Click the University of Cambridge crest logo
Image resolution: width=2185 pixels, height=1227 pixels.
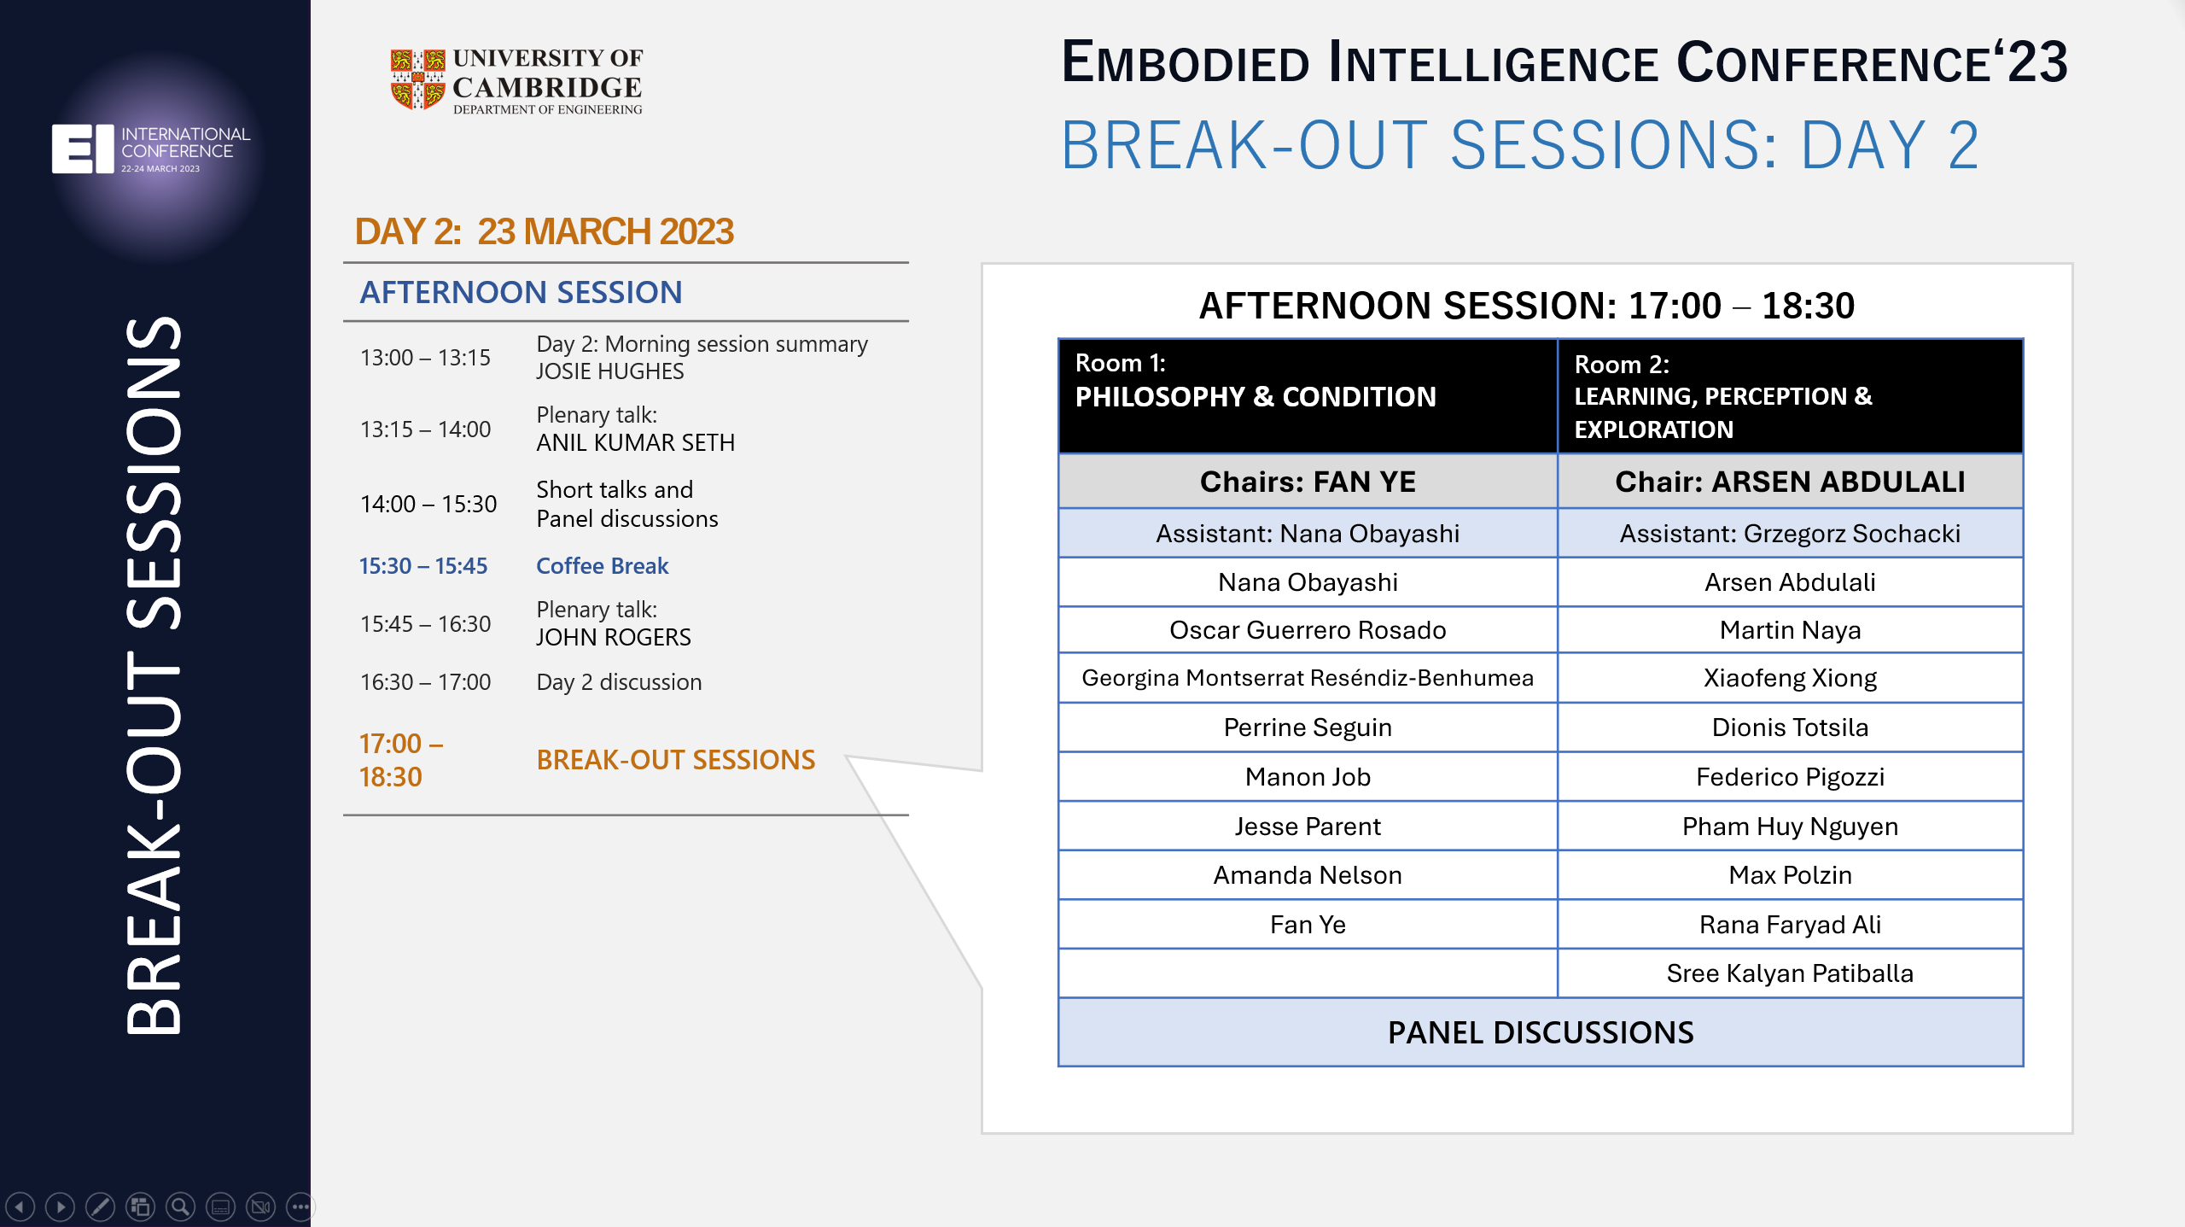click(x=417, y=79)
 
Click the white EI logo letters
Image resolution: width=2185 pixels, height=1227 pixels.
click(x=82, y=149)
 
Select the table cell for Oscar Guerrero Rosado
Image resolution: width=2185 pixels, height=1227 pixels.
click(x=1307, y=630)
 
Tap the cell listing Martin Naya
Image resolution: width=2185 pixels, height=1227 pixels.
click(x=1790, y=630)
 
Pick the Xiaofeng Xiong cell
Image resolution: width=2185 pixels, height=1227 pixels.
click(x=1790, y=678)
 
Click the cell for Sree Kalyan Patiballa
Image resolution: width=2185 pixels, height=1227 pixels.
click(x=1790, y=973)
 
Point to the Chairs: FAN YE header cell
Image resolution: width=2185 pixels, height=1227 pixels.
click(x=1307, y=482)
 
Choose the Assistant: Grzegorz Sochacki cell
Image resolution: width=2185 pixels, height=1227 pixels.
click(x=1790, y=534)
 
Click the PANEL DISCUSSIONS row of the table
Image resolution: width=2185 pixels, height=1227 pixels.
click(x=1540, y=1032)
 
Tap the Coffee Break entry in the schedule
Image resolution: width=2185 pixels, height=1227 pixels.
click(x=602, y=566)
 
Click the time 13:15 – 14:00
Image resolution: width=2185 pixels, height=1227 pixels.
click(x=425, y=429)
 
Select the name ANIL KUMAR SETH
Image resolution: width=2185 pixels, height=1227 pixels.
click(x=635, y=442)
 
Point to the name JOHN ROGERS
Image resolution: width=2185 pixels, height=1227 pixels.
click(x=613, y=637)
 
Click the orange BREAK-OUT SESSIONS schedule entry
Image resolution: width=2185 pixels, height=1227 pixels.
click(x=675, y=760)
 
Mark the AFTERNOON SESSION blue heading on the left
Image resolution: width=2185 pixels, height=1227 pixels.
click(x=521, y=292)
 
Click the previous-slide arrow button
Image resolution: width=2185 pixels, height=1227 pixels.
click(x=20, y=1207)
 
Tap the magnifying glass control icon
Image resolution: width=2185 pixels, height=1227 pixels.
click(x=180, y=1207)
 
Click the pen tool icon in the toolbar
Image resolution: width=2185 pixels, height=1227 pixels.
click(x=100, y=1207)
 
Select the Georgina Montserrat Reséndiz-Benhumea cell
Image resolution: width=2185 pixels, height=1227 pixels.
click(x=1307, y=678)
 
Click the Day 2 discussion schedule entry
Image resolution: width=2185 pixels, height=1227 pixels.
click(x=619, y=682)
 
